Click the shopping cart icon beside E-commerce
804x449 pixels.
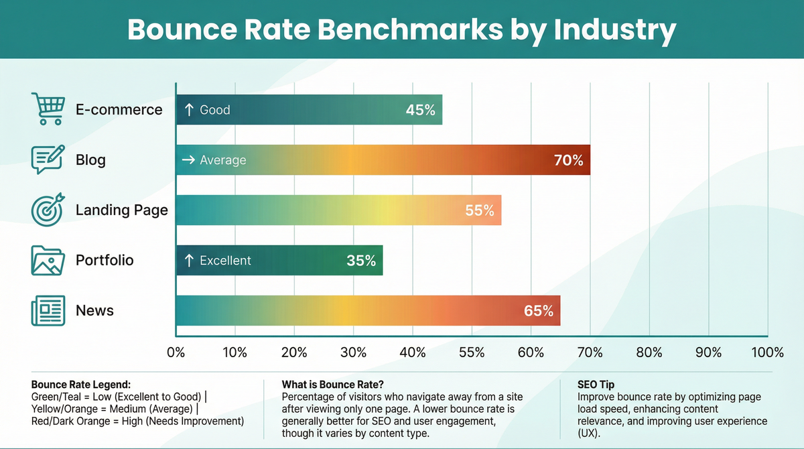pos(48,109)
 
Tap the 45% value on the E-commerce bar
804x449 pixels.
pos(420,110)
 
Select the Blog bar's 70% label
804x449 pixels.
pos(568,160)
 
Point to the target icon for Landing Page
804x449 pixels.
pos(48,210)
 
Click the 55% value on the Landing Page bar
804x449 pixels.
pos(480,210)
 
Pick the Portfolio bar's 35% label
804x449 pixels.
pos(361,261)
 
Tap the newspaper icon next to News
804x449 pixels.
pos(48,311)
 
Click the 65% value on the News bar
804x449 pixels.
pos(539,311)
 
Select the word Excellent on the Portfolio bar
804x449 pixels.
pos(225,261)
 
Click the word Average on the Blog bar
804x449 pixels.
pos(223,160)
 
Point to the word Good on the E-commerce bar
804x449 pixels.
pos(214,110)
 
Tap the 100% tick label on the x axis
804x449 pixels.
pos(767,352)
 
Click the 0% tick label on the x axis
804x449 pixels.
pos(176,352)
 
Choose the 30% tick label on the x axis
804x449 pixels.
pos(353,352)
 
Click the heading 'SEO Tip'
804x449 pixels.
pos(595,385)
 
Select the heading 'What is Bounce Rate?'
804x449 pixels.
pos(332,385)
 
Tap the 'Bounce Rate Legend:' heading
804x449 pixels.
pos(80,385)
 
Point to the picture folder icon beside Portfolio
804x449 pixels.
pos(48,260)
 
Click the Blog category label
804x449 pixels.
pos(90,160)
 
